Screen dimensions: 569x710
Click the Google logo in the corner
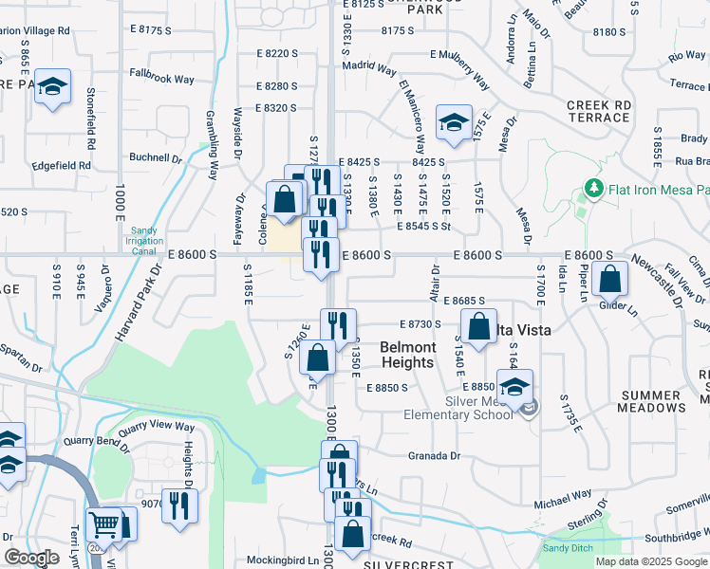click(x=31, y=558)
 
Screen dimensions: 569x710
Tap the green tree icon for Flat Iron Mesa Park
click(x=594, y=189)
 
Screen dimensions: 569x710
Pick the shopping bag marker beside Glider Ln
click(x=612, y=280)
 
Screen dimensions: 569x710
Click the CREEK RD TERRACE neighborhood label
click(x=598, y=111)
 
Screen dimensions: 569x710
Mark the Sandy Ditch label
click(x=565, y=548)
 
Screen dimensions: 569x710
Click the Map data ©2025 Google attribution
click(x=650, y=561)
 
